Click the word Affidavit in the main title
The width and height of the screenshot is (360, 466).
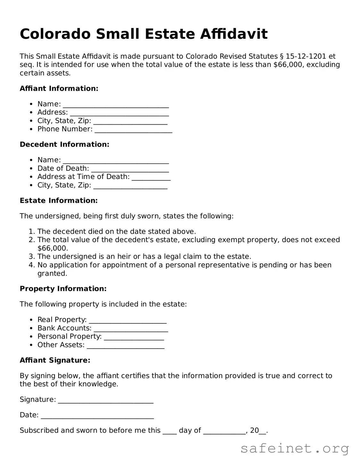click(234, 34)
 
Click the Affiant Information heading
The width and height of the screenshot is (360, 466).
click(59, 88)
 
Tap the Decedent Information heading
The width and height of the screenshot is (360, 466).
click(64, 144)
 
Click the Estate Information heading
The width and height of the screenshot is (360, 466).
click(59, 200)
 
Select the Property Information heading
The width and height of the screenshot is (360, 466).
click(63, 289)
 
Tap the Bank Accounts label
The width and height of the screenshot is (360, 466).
click(64, 328)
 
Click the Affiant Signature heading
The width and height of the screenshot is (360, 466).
click(55, 360)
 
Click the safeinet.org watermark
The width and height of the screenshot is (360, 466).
click(295, 448)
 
